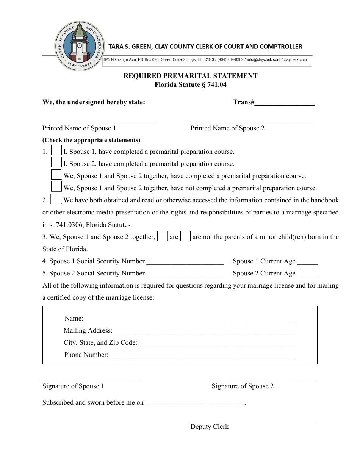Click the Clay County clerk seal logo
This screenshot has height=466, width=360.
coord(80,46)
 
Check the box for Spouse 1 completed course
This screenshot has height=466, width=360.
coord(56,150)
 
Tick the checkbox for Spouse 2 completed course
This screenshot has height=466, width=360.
coord(56,163)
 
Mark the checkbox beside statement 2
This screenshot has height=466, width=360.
coord(56,199)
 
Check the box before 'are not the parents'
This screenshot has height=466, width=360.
coord(185,236)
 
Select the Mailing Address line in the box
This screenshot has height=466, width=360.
coord(204,332)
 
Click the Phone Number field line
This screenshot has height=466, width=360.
coord(202,356)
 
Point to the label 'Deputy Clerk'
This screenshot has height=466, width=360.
coord(210,427)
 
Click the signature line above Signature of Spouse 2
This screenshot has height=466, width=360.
coord(265,380)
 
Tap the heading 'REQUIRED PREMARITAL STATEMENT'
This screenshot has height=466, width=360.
coord(190,76)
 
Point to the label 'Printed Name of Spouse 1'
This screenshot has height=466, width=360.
coord(79,128)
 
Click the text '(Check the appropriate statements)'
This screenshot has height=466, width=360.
coord(91,140)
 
